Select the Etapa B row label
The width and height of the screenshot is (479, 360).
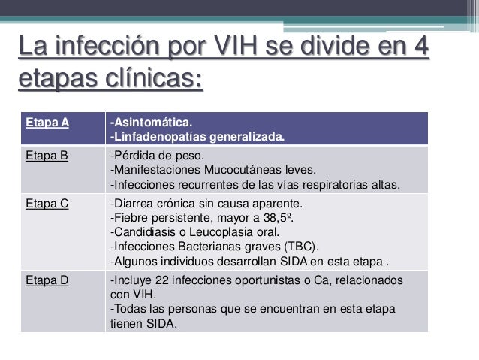(x=43, y=156)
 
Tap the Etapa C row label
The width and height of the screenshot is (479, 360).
(x=43, y=203)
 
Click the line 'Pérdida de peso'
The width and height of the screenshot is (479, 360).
(x=152, y=156)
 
